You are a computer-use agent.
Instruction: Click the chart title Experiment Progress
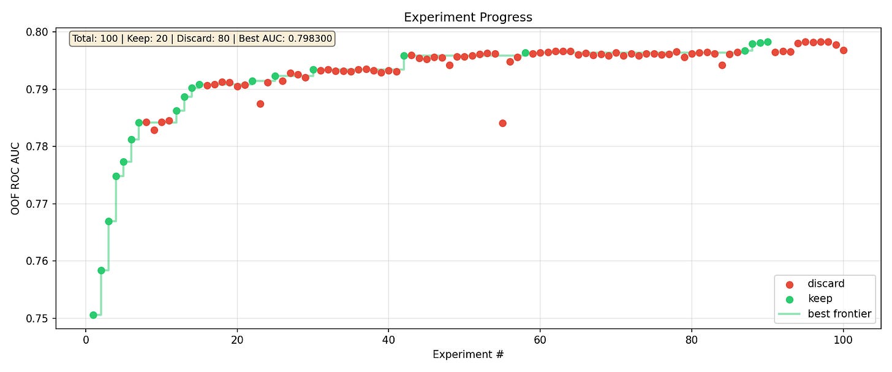468,17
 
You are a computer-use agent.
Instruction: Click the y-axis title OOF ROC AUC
15,178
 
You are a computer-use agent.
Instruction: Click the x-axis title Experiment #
468,354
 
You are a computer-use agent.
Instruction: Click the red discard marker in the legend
789,284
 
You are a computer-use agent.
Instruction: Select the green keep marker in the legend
789,300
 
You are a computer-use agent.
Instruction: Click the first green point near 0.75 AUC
93,315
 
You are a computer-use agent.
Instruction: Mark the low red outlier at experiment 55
502,123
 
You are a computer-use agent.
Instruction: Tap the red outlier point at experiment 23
260,104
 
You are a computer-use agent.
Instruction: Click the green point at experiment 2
101,270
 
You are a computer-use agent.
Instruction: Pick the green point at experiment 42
404,56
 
